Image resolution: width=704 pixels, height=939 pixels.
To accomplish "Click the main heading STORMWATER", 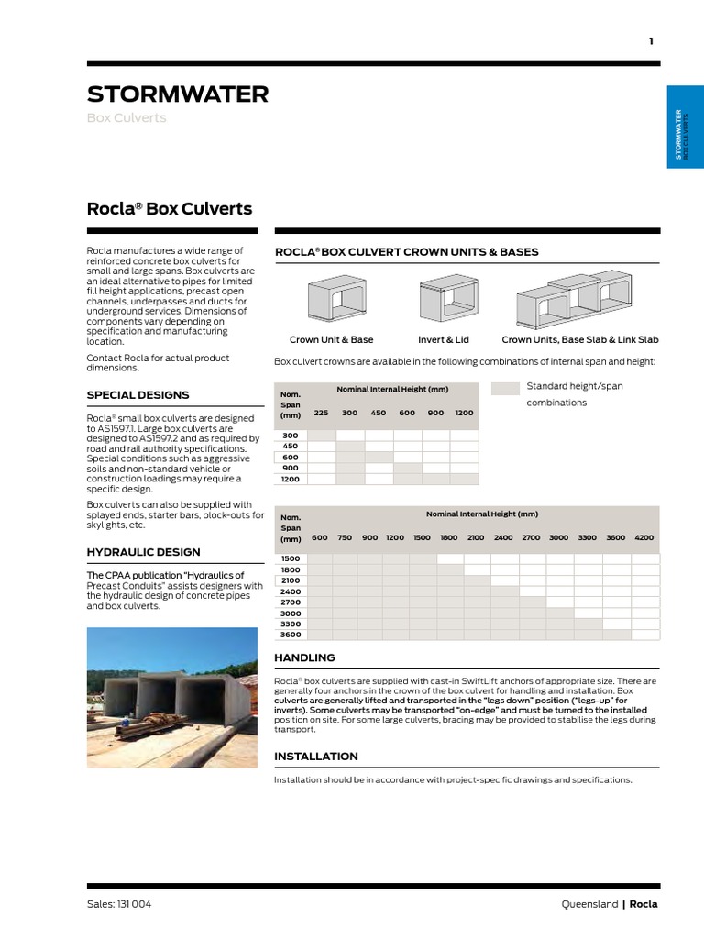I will pyautogui.click(x=178, y=94).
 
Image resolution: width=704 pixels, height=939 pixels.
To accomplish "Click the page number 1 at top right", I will pyautogui.click(x=651, y=41).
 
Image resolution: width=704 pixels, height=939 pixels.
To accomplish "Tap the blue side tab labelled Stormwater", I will pyautogui.click(x=685, y=127).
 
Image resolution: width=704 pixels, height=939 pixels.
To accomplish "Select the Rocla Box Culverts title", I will pyautogui.click(x=169, y=208).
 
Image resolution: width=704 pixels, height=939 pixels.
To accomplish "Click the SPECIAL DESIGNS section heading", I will pyautogui.click(x=137, y=395).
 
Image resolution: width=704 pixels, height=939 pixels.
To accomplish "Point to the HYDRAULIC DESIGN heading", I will pyautogui.click(x=143, y=552).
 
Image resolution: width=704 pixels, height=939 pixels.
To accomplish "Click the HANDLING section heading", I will pyautogui.click(x=305, y=657).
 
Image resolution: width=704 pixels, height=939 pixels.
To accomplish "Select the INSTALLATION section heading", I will pyautogui.click(x=316, y=757).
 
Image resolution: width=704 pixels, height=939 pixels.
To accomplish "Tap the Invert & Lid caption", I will pyautogui.click(x=444, y=339).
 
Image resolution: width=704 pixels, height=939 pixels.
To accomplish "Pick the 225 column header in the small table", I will pyautogui.click(x=321, y=413).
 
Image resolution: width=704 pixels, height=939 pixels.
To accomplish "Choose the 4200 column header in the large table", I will pyautogui.click(x=644, y=537).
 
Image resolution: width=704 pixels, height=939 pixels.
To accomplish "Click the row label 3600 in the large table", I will pyautogui.click(x=291, y=635).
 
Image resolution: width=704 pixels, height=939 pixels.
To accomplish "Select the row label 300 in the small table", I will pyautogui.click(x=291, y=436).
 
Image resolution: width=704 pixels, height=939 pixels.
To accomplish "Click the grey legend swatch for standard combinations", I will pyautogui.click(x=504, y=388).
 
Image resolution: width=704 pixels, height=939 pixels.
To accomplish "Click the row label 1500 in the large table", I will pyautogui.click(x=291, y=558).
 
